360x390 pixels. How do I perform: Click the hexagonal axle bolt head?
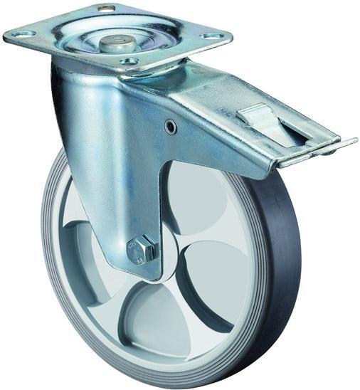(x=141, y=249)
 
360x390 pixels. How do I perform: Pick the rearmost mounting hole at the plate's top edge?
(x=105, y=9)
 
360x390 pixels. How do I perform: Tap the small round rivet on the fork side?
(x=171, y=126)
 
